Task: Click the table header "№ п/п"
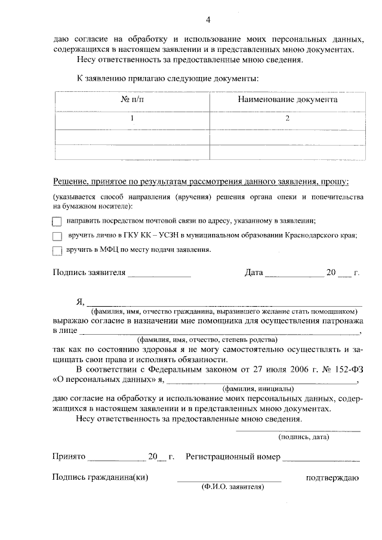pos(132,100)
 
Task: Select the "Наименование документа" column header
pos(287,100)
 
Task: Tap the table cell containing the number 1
pos(132,119)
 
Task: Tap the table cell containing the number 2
pos(287,119)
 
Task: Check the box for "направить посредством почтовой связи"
pos(57,221)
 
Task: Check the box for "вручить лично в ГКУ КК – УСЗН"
pos(57,236)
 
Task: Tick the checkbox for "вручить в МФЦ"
pos(57,250)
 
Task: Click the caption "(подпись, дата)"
pos(304,437)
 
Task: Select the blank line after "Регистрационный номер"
pos(321,459)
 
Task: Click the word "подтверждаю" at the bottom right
pos(332,477)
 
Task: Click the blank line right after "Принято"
pos(117,459)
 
